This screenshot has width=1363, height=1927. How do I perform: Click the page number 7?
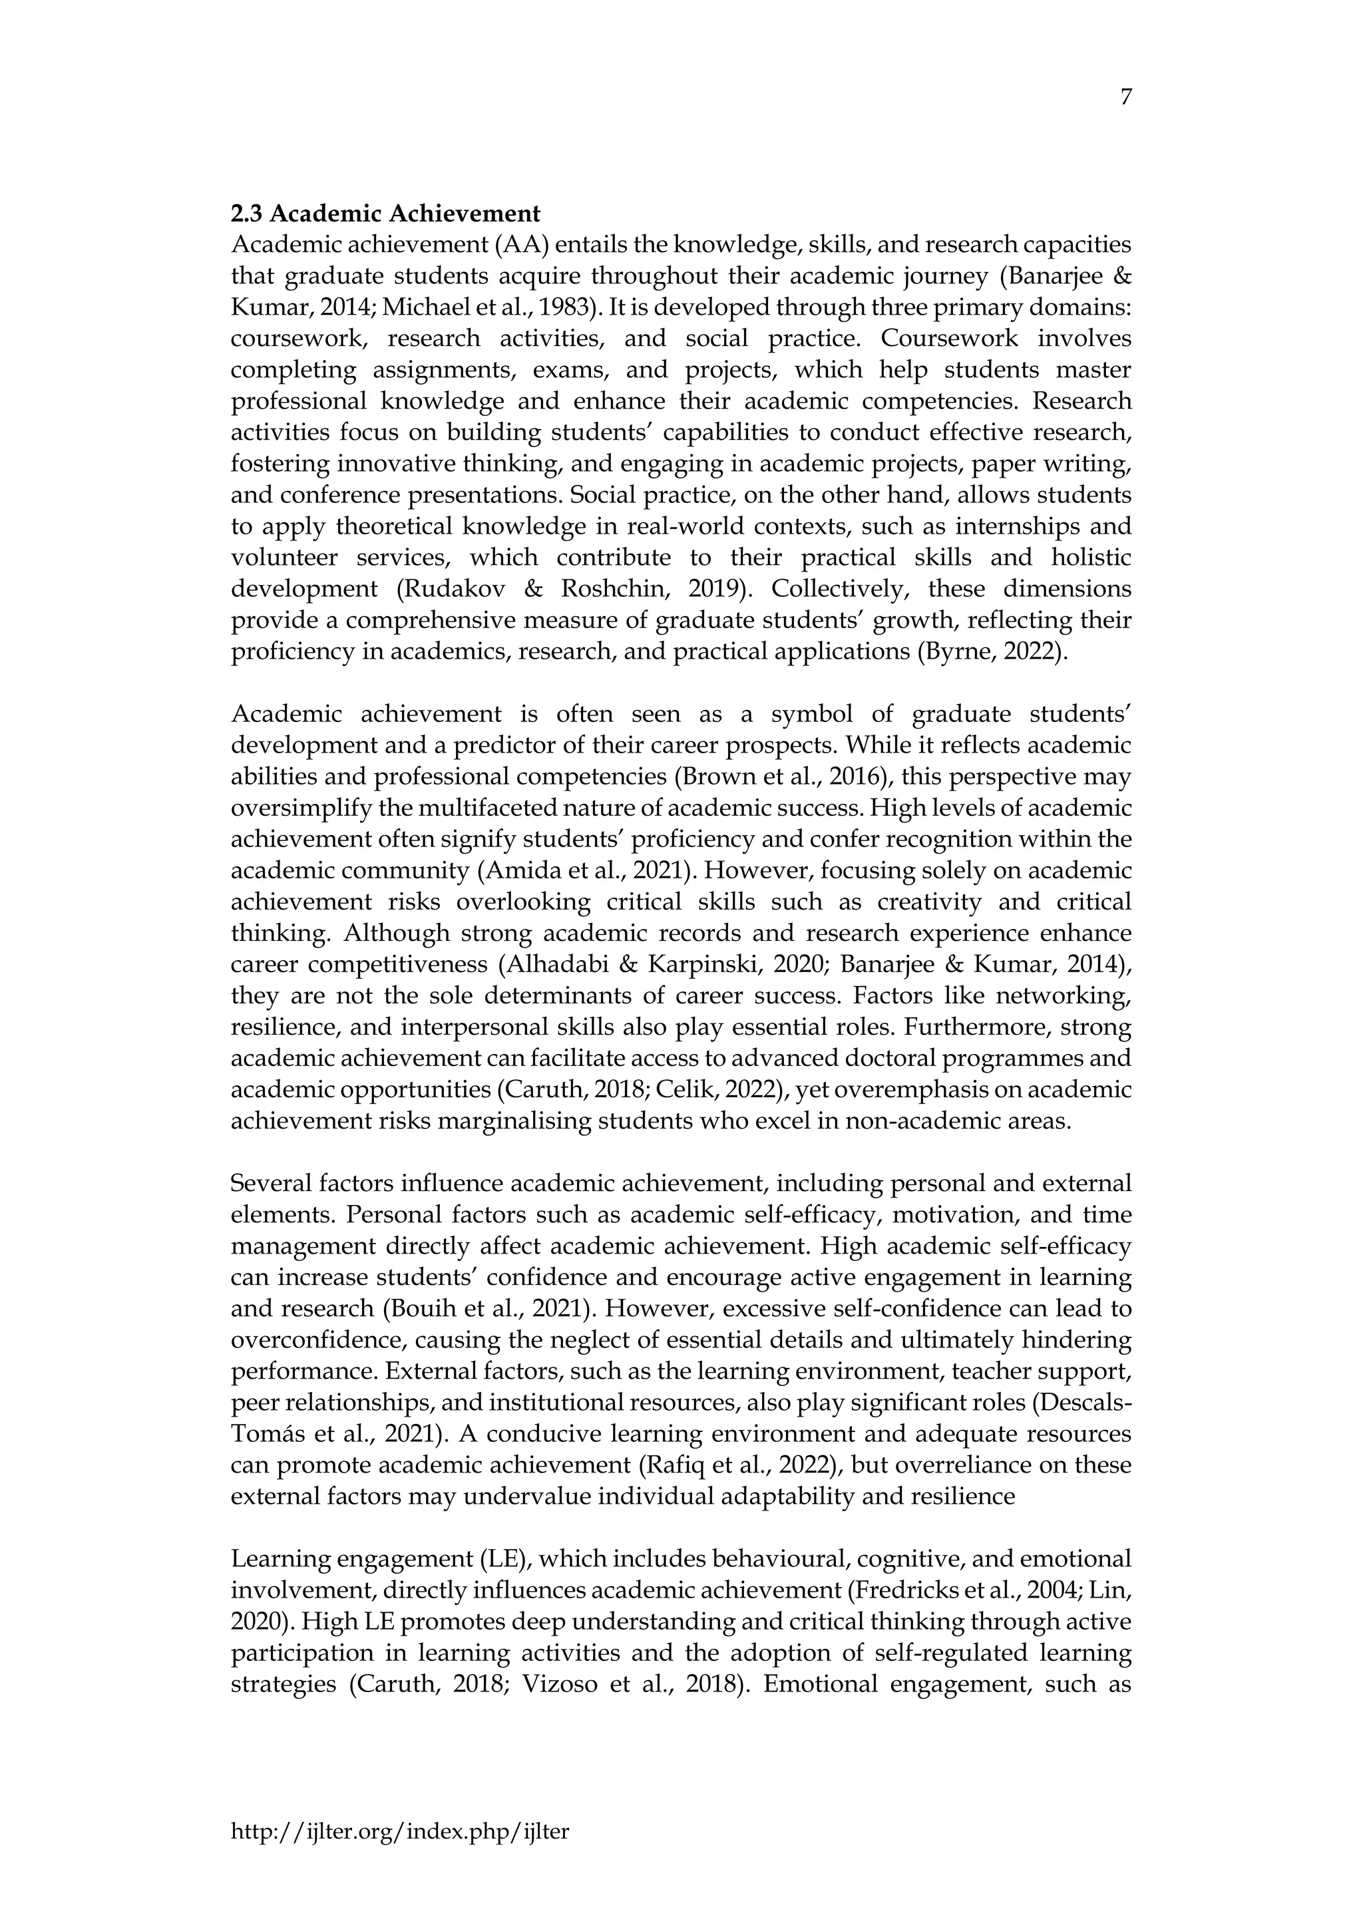tap(1125, 98)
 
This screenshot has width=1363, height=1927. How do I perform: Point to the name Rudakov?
tap(451, 589)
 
